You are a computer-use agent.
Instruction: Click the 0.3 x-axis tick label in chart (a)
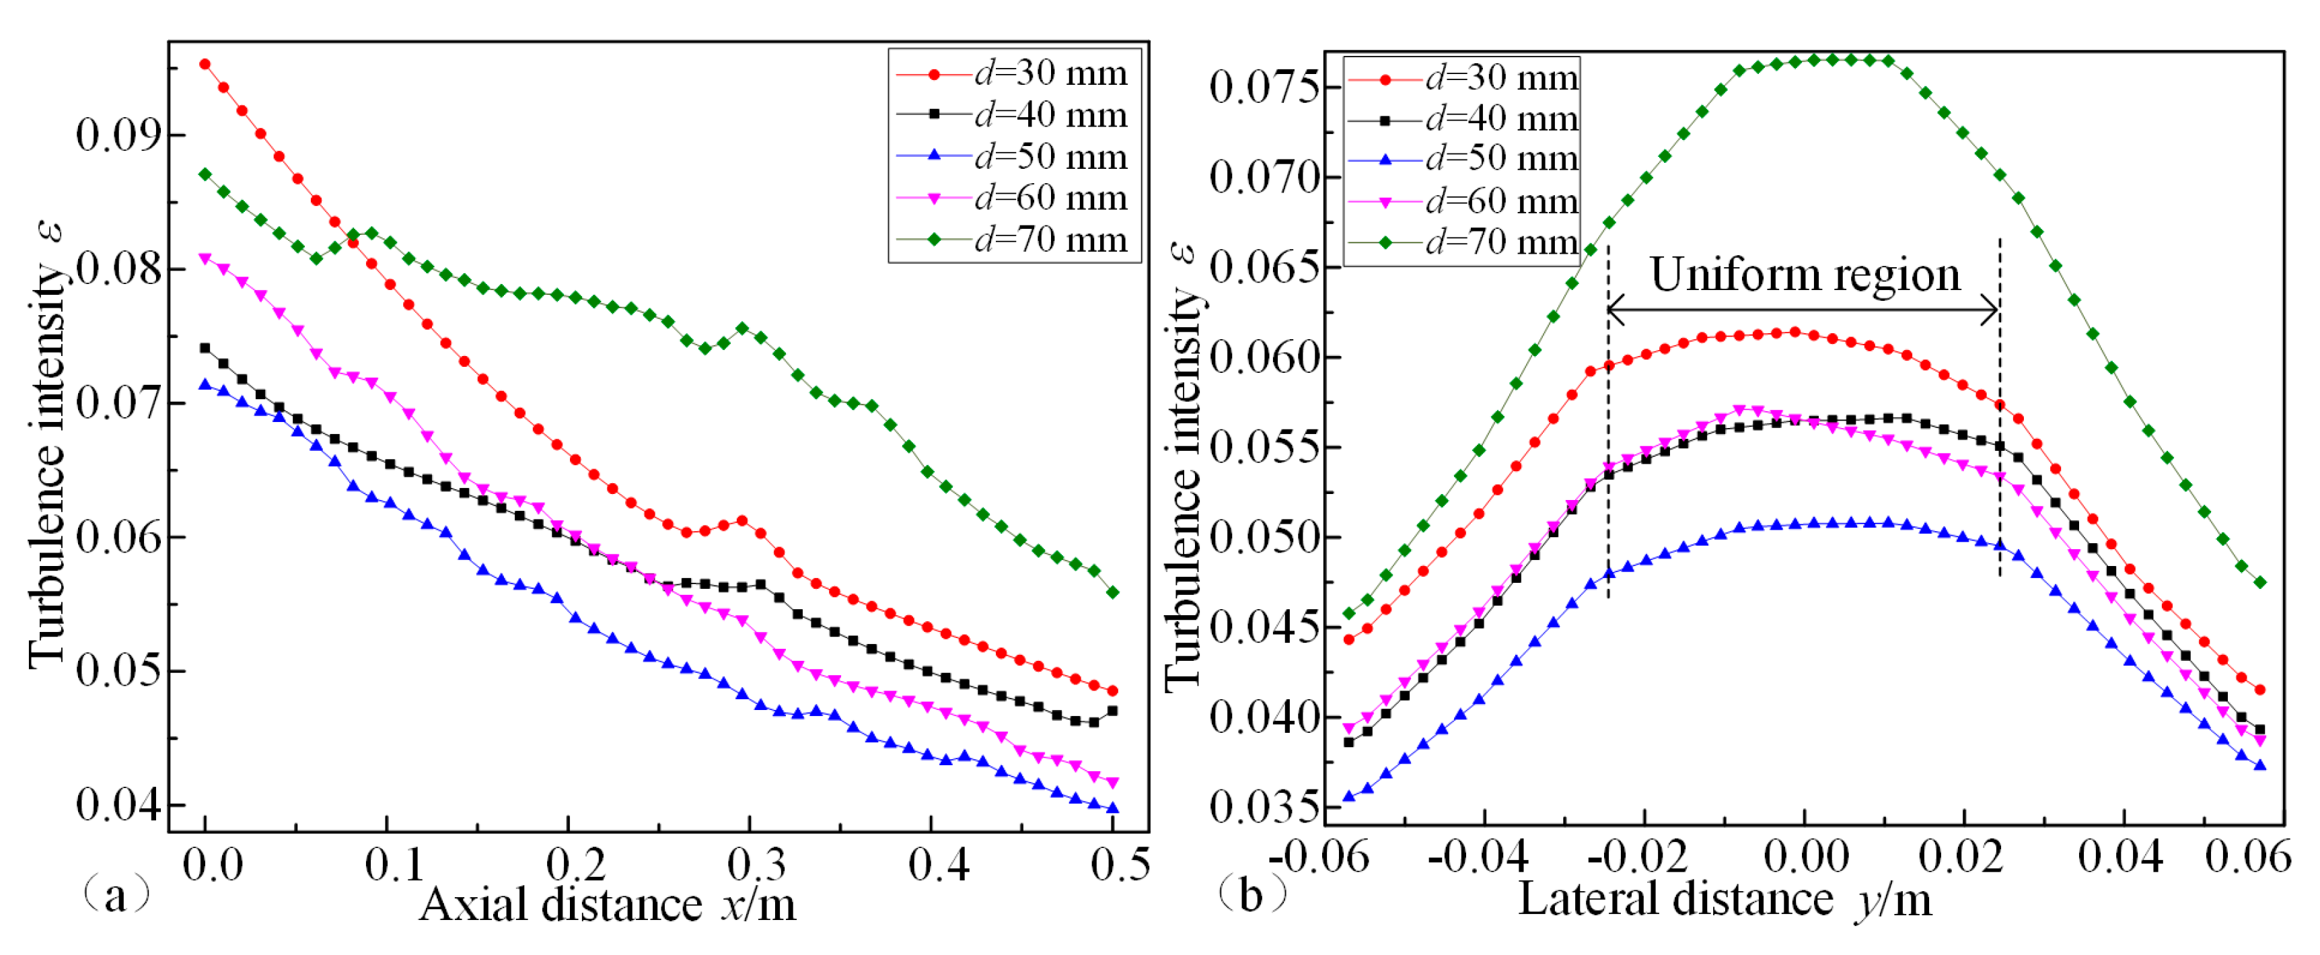click(756, 865)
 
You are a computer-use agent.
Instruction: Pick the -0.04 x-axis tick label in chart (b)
click(1478, 856)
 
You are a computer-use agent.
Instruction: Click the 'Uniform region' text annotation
click(1804, 274)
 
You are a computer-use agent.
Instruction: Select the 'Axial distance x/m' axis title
click(608, 905)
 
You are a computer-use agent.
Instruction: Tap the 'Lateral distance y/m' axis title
click(1725, 900)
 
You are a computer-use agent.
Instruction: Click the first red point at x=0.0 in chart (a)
click(205, 65)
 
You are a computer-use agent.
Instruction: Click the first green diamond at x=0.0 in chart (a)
click(205, 174)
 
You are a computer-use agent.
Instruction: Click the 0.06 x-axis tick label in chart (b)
click(2247, 856)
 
